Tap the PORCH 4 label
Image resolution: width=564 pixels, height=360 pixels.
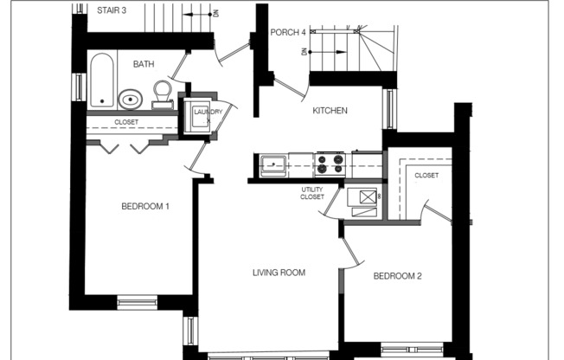[x=288, y=33]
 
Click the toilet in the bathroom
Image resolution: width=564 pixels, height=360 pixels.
[x=162, y=92]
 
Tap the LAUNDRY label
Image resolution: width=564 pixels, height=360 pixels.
[x=207, y=112]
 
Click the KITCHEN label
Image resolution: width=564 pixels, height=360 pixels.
[x=330, y=111]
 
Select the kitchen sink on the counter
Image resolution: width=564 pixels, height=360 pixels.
[x=274, y=162]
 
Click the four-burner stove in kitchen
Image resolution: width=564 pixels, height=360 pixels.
[x=330, y=163]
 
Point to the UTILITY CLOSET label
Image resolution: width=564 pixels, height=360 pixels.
[x=312, y=193]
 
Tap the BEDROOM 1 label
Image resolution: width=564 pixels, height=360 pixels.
[x=144, y=206]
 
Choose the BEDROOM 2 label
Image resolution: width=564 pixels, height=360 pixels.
[x=397, y=277]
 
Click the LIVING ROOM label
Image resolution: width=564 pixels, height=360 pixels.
[x=279, y=273]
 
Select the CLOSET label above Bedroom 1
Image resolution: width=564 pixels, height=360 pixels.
[x=126, y=123]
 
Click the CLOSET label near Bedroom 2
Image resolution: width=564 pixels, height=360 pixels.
[x=426, y=176]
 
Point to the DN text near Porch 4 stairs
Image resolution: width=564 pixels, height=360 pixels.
[x=304, y=52]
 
